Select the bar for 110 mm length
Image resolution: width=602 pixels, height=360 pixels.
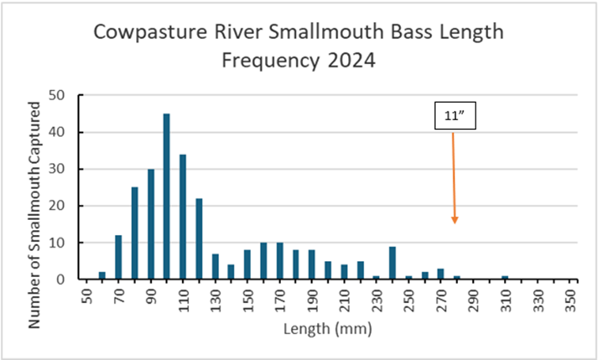click(x=183, y=217)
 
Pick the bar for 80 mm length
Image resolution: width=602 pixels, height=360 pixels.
click(x=134, y=233)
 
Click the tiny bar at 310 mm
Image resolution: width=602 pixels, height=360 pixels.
click(x=505, y=278)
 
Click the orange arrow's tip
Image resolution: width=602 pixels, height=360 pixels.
click(x=455, y=223)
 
